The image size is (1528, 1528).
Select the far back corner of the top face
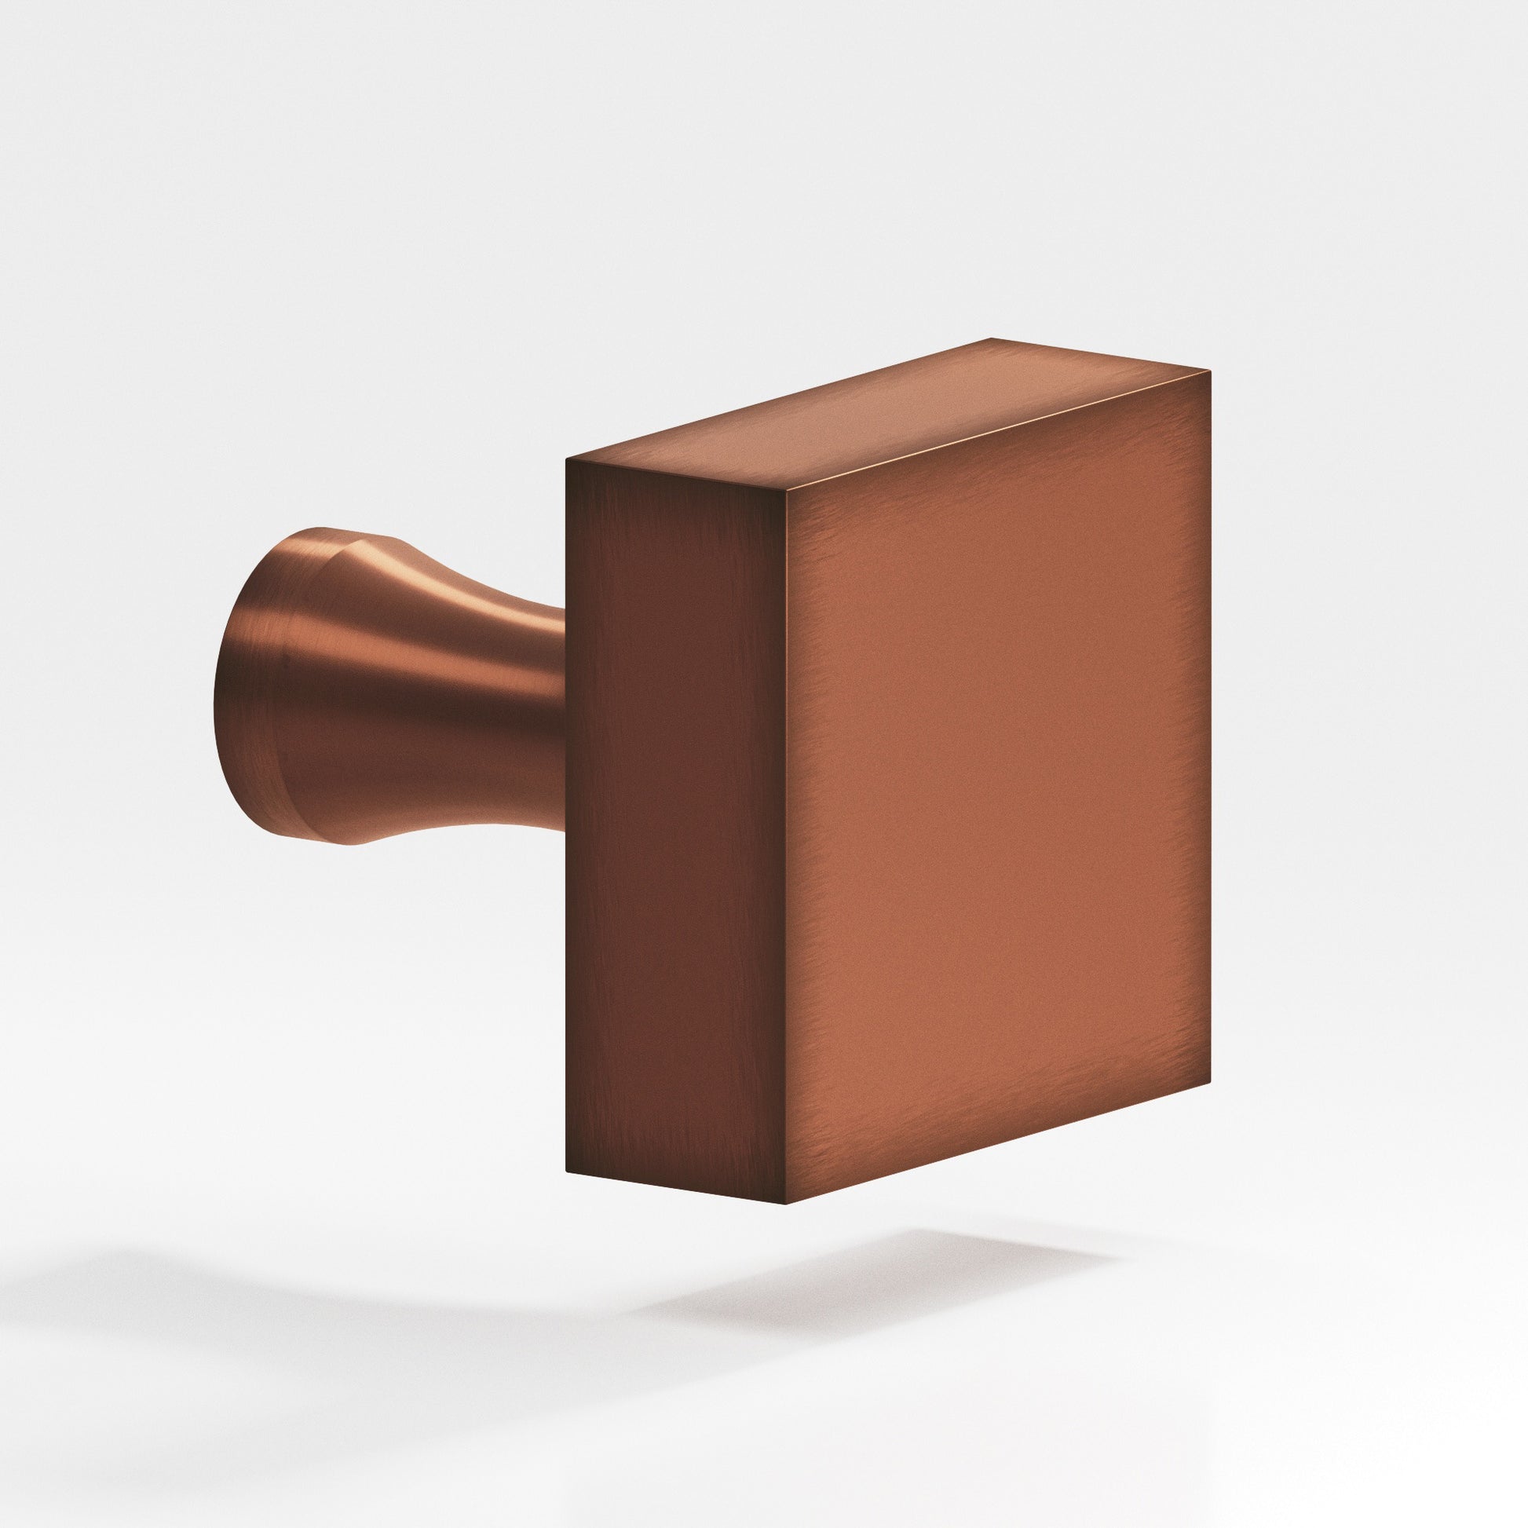click(992, 338)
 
